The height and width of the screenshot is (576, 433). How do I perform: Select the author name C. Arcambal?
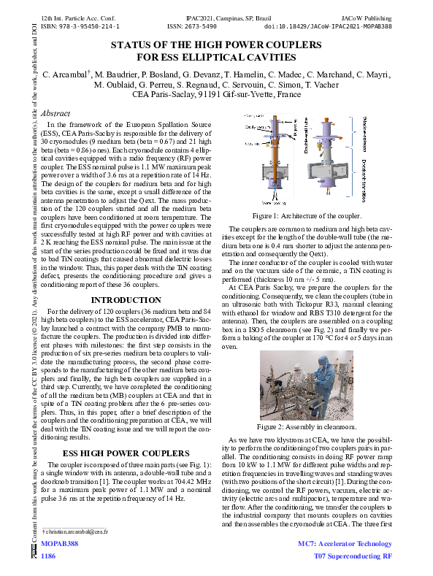[x=66, y=75]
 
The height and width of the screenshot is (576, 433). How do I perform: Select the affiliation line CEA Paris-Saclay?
[x=216, y=95]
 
